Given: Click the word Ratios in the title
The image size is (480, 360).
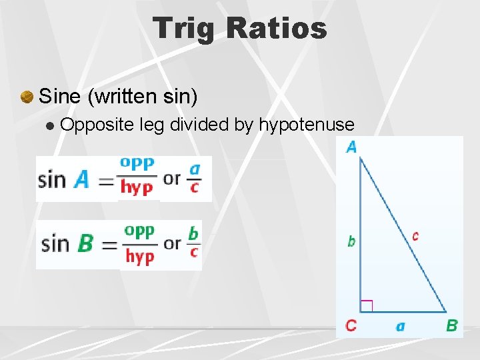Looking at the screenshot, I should [277, 28].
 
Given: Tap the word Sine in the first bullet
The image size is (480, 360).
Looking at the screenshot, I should [61, 97].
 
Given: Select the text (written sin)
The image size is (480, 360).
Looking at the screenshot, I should [143, 97].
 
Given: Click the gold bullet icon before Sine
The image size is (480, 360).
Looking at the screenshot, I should [26, 97].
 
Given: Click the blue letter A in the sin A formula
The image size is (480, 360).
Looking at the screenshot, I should [81, 179].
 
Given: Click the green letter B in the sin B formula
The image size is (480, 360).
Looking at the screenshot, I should [85, 243].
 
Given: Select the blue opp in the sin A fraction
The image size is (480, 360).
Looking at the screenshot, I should [137, 163].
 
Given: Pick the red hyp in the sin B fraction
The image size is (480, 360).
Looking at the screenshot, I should [139, 257].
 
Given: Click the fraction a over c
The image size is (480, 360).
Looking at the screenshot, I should [194, 178].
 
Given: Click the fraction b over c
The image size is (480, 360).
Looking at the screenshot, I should [193, 242].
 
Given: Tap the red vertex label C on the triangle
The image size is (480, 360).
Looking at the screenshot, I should [351, 326].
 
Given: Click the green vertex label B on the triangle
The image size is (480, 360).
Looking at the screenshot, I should [451, 326].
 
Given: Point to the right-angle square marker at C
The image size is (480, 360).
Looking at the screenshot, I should [366, 306].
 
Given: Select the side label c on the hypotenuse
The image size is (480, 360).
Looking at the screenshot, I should [415, 236].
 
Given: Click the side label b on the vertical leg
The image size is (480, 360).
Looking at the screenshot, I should [351, 241].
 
